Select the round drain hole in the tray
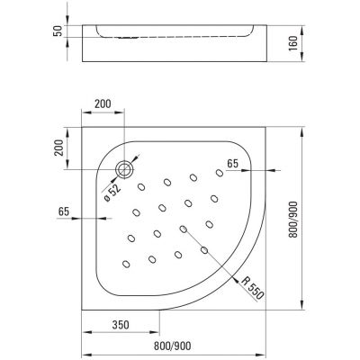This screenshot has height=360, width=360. point(126,166)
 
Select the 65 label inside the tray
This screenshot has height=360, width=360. point(232,165)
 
